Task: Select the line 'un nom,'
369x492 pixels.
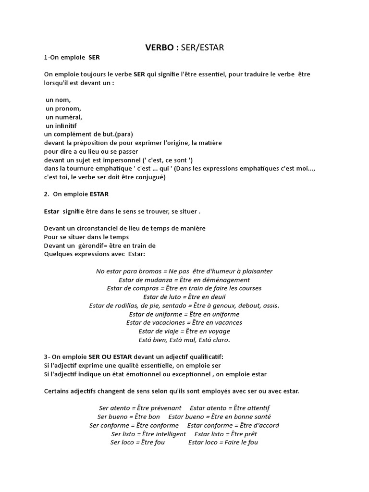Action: click(58, 100)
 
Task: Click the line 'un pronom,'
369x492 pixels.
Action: click(63, 109)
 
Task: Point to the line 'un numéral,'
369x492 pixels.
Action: click(64, 117)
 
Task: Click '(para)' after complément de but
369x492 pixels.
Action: click(124, 134)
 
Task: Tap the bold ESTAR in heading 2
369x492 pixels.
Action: click(99, 194)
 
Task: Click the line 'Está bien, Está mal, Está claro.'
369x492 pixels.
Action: click(184, 340)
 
